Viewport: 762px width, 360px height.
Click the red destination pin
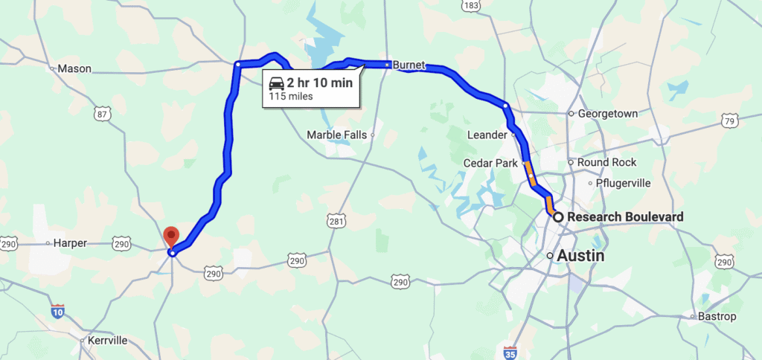point(172,237)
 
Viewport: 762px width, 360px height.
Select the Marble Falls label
point(337,135)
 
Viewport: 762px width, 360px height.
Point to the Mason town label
point(74,68)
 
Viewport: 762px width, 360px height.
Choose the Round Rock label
point(602,162)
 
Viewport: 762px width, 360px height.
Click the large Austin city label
point(582,255)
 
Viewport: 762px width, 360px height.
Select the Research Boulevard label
point(625,217)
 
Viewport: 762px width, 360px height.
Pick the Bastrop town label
point(717,317)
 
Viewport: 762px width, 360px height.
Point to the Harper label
point(71,242)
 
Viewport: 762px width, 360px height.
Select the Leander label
point(486,135)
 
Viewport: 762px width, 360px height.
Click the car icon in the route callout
point(275,83)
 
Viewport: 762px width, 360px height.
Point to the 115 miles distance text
point(291,96)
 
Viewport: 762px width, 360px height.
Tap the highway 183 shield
point(470,6)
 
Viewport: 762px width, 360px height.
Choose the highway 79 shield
point(730,120)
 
